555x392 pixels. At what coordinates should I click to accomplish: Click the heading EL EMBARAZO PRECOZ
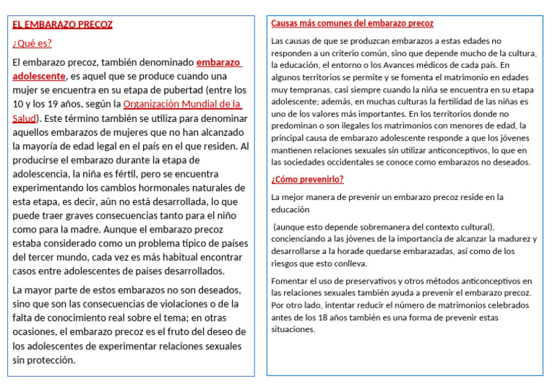(62, 25)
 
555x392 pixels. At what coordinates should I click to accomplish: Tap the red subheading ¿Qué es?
(33, 43)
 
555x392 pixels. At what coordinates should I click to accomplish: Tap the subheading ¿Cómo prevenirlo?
(307, 180)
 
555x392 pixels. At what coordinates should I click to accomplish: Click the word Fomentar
(291, 281)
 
